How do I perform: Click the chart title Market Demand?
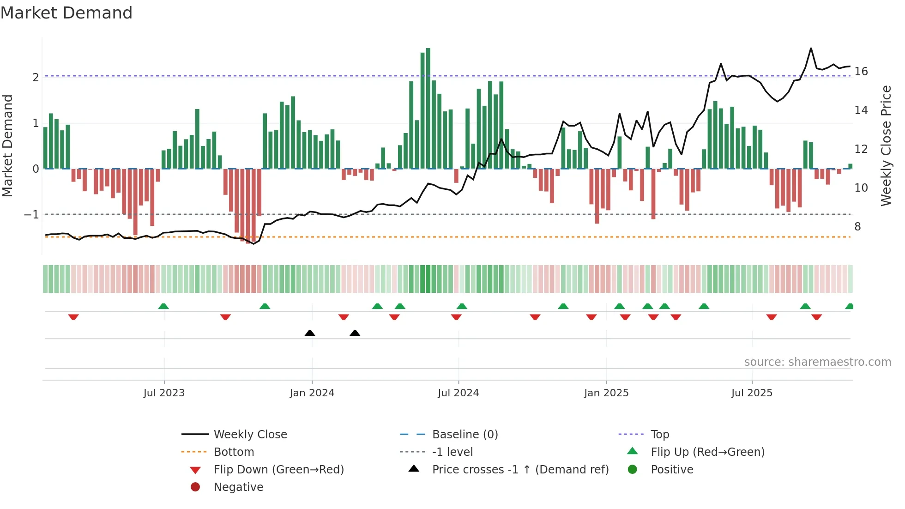[66, 13]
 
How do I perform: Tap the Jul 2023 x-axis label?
[164, 393]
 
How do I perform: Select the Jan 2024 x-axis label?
[312, 393]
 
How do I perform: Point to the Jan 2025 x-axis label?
[606, 393]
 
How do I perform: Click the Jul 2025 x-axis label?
[752, 393]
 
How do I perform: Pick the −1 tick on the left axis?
[31, 215]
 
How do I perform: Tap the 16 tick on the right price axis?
[861, 72]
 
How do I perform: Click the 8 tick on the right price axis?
[857, 227]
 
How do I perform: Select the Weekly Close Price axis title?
[886, 145]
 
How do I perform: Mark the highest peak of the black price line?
[811, 49]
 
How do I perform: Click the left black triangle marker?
[310, 333]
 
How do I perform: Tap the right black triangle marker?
[355, 333]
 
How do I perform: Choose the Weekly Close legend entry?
[250, 435]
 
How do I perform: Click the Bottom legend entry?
[234, 452]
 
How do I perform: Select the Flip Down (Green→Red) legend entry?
[278, 470]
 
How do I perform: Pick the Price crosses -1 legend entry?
[520, 470]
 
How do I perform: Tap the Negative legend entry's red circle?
[195, 487]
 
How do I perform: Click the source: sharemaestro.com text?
[817, 362]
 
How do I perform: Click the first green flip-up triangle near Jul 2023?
[163, 306]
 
